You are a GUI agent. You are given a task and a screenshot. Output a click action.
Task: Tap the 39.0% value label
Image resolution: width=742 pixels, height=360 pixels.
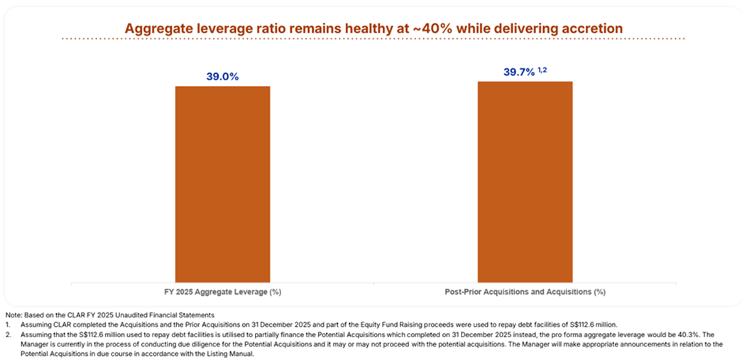click(223, 76)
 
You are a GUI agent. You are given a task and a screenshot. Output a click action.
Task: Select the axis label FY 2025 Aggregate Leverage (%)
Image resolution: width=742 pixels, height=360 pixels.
click(223, 291)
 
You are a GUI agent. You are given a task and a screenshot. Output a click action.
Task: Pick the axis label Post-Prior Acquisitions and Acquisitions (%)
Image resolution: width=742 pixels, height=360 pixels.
click(525, 291)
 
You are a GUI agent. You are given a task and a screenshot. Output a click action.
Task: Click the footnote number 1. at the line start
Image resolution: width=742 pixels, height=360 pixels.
click(8, 324)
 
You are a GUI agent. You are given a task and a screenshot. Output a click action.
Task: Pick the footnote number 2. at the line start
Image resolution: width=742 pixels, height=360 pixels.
click(8, 334)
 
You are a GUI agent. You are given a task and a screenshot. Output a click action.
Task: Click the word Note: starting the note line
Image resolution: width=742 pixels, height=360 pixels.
click(13, 315)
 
